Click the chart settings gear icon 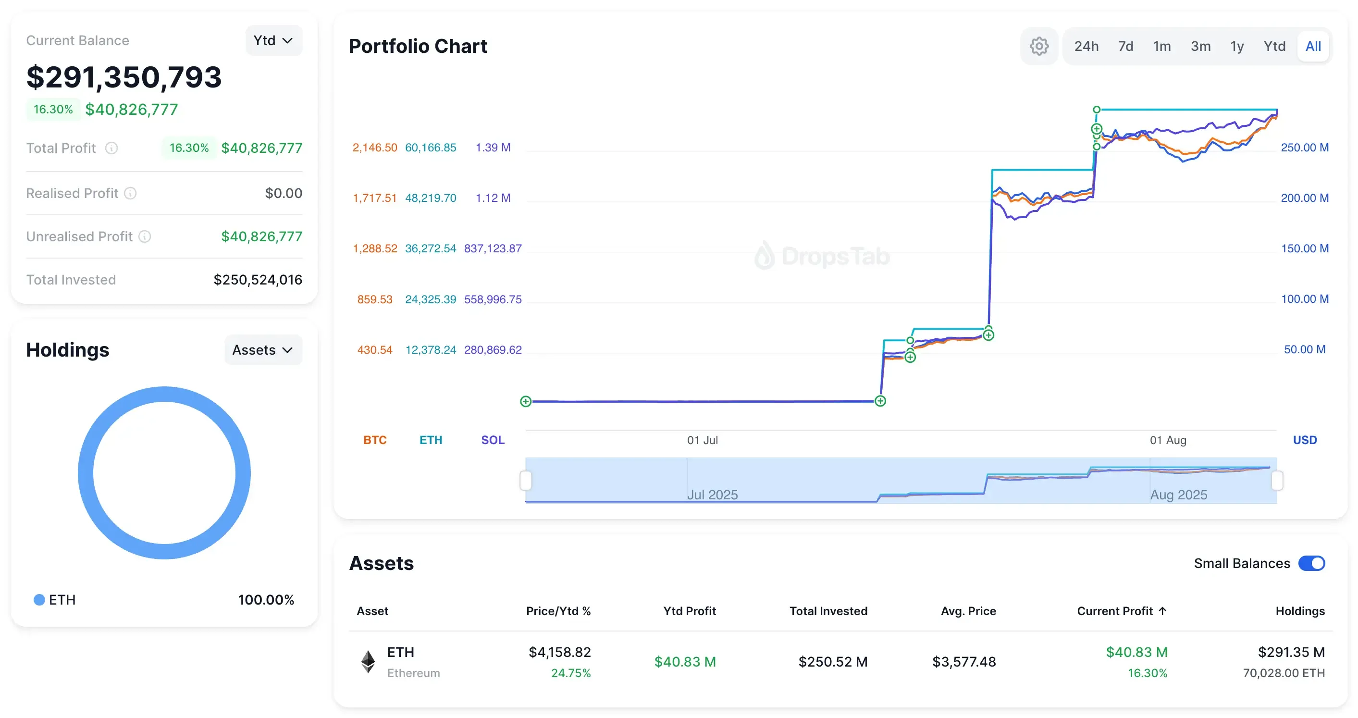pyautogui.click(x=1038, y=47)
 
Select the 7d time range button pyautogui.click(x=1125, y=47)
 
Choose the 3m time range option pyautogui.click(x=1200, y=47)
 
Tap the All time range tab pyautogui.click(x=1313, y=47)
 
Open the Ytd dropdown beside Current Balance pyautogui.click(x=273, y=40)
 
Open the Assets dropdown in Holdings pyautogui.click(x=262, y=350)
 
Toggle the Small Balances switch pyautogui.click(x=1311, y=564)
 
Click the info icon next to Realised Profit pyautogui.click(x=130, y=194)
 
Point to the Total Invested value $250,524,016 pyautogui.click(x=257, y=280)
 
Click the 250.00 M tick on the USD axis pyautogui.click(x=1304, y=148)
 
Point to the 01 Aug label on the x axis pyautogui.click(x=1168, y=440)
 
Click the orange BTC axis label pyautogui.click(x=375, y=440)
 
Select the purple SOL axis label pyautogui.click(x=493, y=440)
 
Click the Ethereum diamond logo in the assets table pyautogui.click(x=368, y=662)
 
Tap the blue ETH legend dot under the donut pyautogui.click(x=39, y=600)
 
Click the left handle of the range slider pyautogui.click(x=526, y=480)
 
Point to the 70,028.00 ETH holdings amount pyautogui.click(x=1283, y=673)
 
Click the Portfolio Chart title pyautogui.click(x=418, y=47)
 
